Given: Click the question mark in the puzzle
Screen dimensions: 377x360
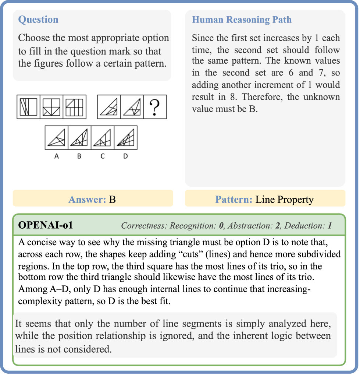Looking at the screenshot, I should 155,107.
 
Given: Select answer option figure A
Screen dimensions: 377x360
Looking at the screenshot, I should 57,138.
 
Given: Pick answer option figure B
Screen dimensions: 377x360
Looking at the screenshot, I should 79,138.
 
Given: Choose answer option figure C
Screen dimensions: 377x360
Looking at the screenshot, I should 103,138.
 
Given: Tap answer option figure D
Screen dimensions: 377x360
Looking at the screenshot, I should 126,138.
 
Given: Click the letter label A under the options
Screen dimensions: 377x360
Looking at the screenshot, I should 57,156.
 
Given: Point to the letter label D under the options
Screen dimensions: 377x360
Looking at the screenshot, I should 125,156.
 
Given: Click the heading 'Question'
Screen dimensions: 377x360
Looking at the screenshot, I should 38,20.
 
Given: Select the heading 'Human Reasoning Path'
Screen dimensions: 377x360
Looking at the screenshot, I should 242,20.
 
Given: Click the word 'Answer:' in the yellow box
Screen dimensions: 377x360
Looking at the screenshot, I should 87,200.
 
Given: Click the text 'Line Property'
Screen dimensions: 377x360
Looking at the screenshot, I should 285,200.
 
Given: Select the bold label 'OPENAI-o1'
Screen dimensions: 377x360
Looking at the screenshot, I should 45,225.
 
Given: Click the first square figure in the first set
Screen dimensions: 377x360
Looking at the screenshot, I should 28,107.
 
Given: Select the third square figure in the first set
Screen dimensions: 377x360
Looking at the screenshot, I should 74,107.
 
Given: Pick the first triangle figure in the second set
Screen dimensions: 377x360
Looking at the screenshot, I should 109,107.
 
